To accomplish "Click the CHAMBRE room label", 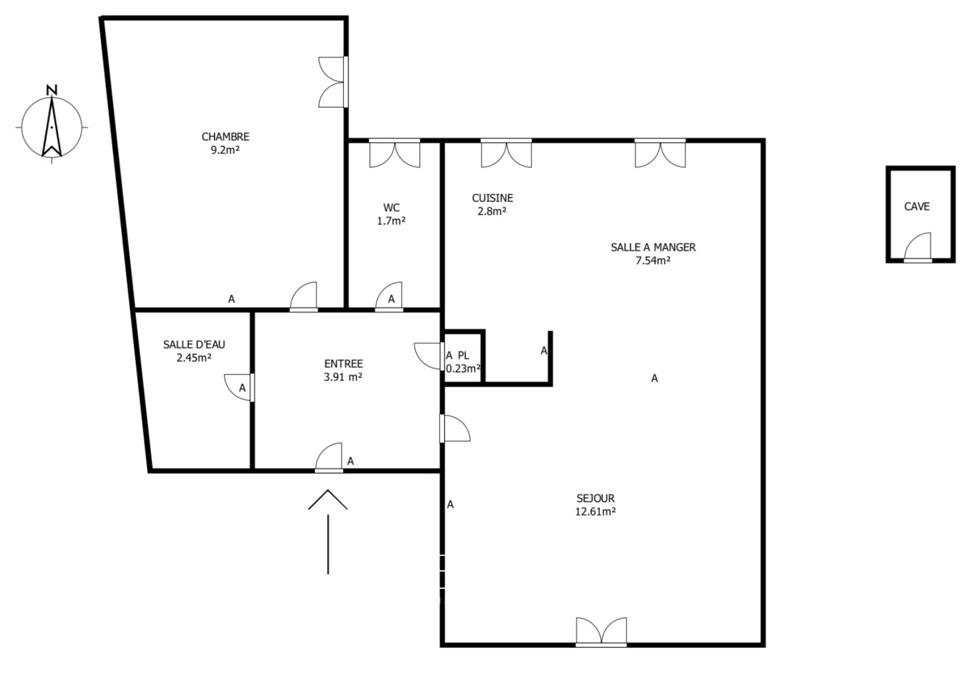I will pos(225,136).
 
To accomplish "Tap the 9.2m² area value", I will pos(225,150).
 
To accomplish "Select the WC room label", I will pos(392,208).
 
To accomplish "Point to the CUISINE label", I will pos(492,198).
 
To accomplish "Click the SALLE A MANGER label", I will pos(653,247).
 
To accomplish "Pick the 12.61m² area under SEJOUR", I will pos(596,512).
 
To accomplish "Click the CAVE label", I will pos(917,206).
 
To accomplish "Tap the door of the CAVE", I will pos(918,248).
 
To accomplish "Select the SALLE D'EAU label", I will pos(194,344).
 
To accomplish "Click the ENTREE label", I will pos(344,363).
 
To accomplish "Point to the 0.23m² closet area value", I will pos(463,368).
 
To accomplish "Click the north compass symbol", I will pos(51,127).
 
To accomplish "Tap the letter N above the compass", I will pos(52,90).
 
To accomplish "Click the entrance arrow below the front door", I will pos(328,530).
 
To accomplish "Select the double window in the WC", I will pos(395,153).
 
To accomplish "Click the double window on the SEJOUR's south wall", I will pos(601,631).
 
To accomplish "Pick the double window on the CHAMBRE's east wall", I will pos(333,82).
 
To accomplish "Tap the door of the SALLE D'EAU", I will pos(239,387).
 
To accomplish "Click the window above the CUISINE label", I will pos(506,153).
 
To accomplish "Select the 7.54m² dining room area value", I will pos(653,260).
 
